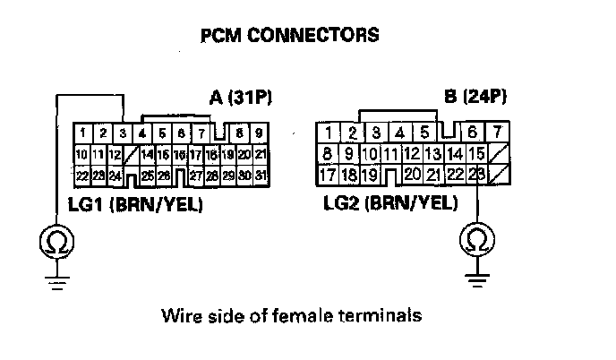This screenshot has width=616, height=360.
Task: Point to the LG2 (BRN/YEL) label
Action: coord(390,205)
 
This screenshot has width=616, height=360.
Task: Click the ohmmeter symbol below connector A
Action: coord(56,240)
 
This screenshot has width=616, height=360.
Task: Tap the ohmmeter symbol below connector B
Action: coord(476,240)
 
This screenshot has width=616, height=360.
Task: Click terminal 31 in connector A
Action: coord(260,174)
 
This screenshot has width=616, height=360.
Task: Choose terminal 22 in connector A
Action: coord(81,174)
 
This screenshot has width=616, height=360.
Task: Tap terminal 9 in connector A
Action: coord(260,133)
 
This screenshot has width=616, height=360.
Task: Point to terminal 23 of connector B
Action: coord(476,173)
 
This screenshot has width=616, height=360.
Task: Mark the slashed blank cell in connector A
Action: coord(133,154)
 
